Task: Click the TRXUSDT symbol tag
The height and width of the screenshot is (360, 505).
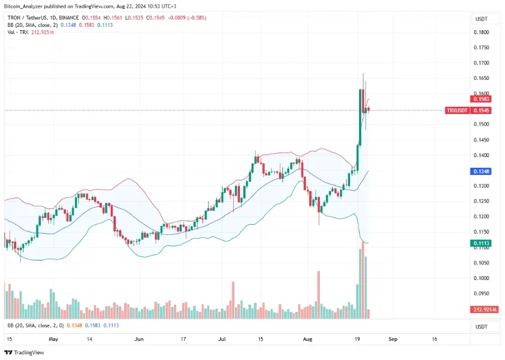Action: tap(456, 111)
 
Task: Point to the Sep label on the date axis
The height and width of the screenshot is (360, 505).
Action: tap(393, 339)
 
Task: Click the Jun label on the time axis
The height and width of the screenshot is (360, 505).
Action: tap(139, 339)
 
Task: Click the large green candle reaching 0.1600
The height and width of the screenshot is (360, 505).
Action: tap(361, 117)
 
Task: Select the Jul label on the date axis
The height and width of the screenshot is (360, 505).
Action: tap(223, 339)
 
